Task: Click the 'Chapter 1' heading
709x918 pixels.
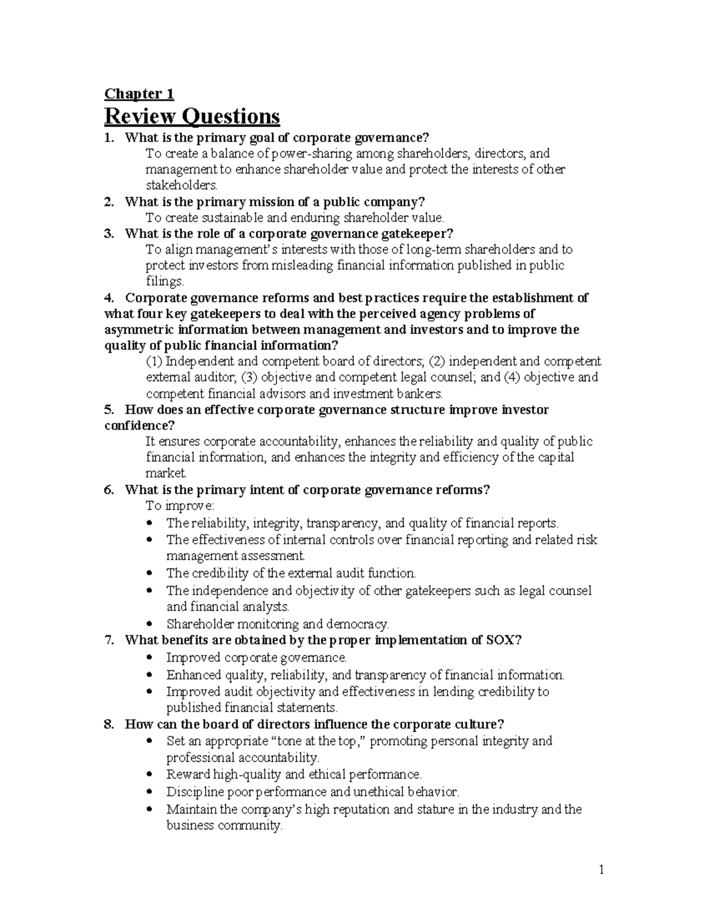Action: (x=139, y=94)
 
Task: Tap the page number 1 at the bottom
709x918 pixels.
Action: (x=601, y=870)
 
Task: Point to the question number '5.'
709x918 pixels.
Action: (x=109, y=410)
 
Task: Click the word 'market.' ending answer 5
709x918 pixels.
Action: (x=166, y=473)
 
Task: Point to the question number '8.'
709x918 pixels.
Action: (x=109, y=725)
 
